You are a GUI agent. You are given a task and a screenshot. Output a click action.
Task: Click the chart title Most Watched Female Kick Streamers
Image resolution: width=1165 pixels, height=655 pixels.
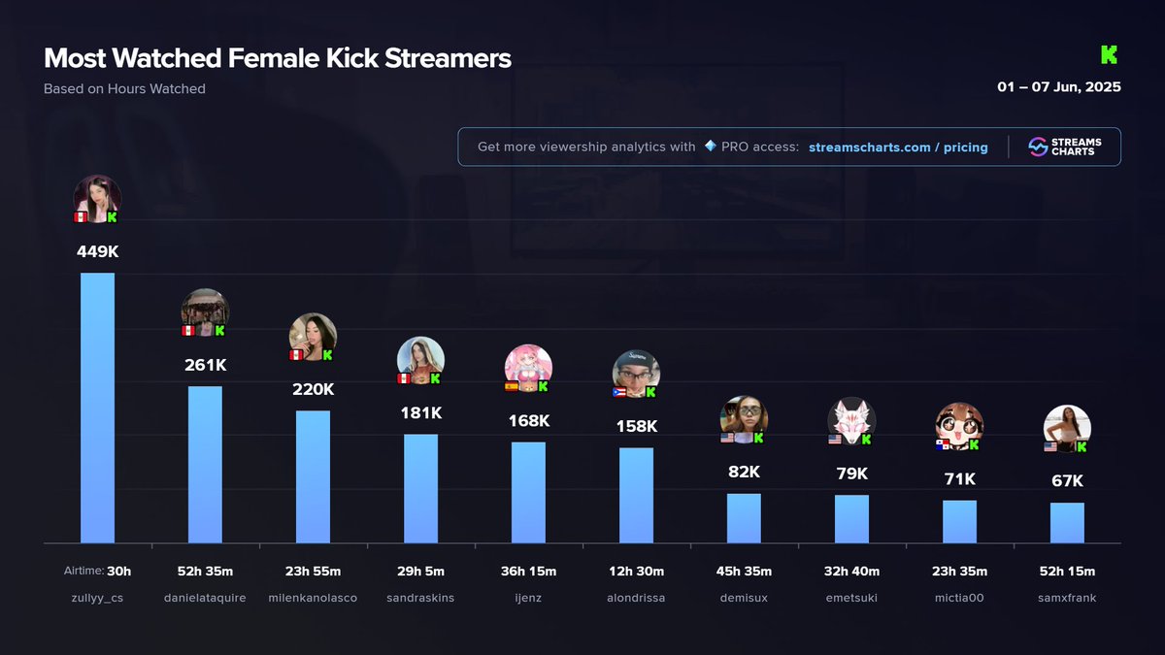(278, 58)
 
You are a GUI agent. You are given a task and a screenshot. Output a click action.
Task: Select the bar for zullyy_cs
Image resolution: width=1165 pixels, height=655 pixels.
(97, 408)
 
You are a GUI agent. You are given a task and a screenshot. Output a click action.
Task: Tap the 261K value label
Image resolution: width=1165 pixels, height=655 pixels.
(205, 366)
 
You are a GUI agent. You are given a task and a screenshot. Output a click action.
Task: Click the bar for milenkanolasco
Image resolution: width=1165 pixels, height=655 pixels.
(313, 476)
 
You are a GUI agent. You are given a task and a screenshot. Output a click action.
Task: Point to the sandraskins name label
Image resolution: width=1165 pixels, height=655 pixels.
(420, 598)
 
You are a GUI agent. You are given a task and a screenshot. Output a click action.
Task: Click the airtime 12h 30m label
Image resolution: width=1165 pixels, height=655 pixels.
(636, 572)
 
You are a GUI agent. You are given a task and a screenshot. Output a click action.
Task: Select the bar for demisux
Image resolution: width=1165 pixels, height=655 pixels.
(744, 518)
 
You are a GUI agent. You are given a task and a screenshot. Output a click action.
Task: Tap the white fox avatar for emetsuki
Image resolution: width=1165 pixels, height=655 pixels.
(851, 420)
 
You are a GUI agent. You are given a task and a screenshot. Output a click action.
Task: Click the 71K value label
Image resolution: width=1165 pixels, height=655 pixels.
(959, 479)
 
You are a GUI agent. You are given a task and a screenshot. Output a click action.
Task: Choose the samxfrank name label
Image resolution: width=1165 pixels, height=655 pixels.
(1067, 598)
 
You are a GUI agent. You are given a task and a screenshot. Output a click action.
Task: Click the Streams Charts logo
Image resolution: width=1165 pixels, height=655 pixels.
(1064, 147)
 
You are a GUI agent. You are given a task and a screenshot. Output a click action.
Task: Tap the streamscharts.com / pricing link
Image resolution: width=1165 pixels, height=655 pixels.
(898, 147)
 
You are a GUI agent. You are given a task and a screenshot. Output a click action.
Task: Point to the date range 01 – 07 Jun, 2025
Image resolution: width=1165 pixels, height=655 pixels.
(1059, 87)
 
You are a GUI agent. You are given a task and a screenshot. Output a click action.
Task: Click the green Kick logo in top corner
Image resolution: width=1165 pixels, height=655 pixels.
(1110, 54)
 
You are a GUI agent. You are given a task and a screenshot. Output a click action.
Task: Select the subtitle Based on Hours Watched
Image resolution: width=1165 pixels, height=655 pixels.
(124, 89)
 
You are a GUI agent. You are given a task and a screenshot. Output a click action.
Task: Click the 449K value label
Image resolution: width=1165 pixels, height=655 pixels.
(97, 251)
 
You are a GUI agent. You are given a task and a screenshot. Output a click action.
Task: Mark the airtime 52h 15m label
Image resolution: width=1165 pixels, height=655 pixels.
(1067, 572)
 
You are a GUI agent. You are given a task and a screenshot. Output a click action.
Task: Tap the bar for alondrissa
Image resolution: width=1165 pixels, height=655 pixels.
(636, 495)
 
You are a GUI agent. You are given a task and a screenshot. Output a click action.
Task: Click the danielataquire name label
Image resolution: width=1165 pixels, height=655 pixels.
(205, 598)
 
